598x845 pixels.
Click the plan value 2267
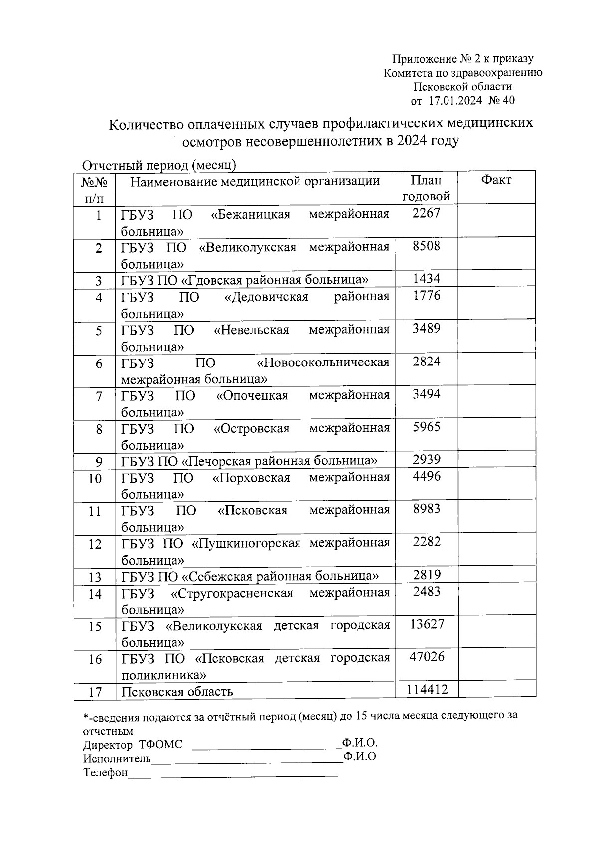tap(427, 213)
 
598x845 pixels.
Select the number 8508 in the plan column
tap(427, 246)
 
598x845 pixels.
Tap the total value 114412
tap(427, 690)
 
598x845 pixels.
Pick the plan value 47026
tap(427, 657)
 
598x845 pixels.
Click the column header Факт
tap(496, 180)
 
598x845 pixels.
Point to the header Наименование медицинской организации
tap(255, 181)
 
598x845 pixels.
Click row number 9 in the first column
tap(99, 462)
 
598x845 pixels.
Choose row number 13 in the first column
tap(95, 577)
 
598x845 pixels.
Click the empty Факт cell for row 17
tap(497, 689)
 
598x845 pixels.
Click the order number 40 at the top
tap(509, 101)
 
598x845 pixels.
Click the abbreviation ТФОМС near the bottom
tap(161, 745)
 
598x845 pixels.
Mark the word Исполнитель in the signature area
tap(117, 758)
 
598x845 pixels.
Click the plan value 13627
tap(427, 624)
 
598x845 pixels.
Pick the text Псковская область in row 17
tap(177, 692)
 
